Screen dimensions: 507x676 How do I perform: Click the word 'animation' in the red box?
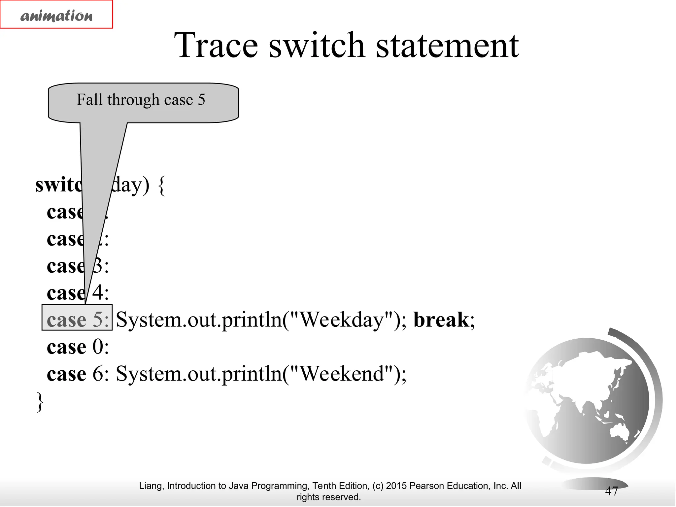pyautogui.click(x=56, y=16)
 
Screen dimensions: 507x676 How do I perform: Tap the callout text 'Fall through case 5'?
pyautogui.click(x=141, y=100)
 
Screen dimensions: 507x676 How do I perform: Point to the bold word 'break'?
pyautogui.click(x=441, y=320)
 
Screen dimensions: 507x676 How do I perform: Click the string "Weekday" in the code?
pyautogui.click(x=343, y=320)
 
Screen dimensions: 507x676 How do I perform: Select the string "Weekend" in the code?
pyautogui.click(x=343, y=374)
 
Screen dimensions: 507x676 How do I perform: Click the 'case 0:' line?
pyautogui.click(x=78, y=347)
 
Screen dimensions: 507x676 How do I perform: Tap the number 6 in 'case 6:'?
pyautogui.click(x=98, y=374)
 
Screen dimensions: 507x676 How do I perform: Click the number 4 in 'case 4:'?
pyautogui.click(x=98, y=292)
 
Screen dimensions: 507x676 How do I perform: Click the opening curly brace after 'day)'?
pyautogui.click(x=161, y=186)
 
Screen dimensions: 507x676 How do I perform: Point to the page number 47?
pyautogui.click(x=611, y=491)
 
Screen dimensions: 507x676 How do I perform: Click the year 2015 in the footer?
pyautogui.click(x=396, y=486)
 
